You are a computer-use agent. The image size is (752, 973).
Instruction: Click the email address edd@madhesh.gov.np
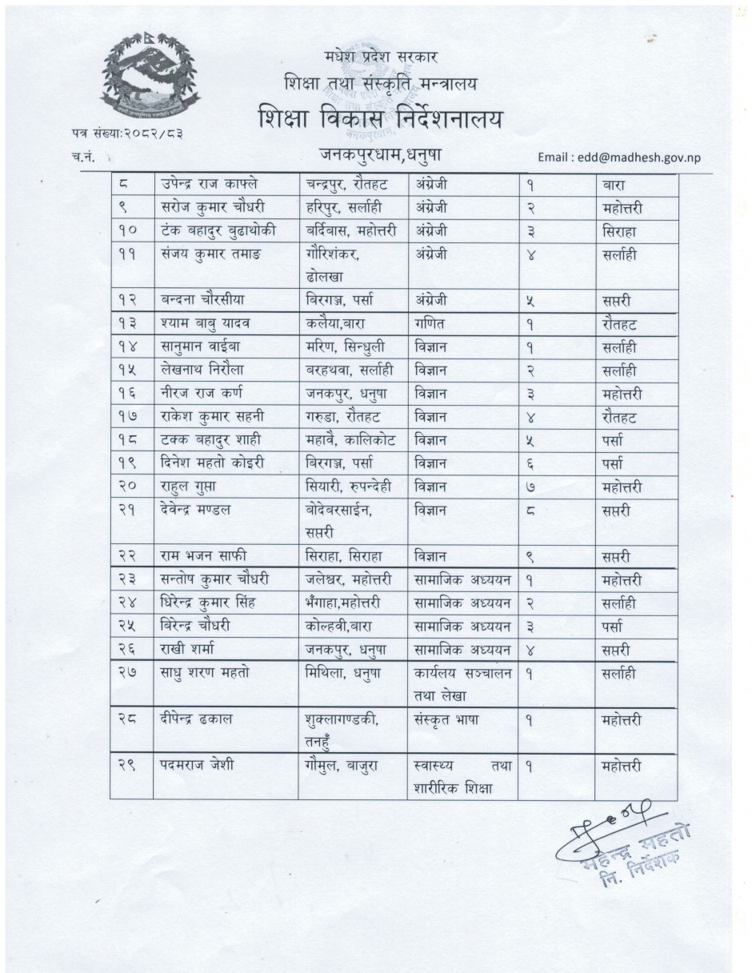click(x=619, y=157)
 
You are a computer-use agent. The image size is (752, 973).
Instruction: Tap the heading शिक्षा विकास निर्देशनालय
click(x=382, y=119)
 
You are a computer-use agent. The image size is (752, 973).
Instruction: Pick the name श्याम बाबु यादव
click(x=202, y=325)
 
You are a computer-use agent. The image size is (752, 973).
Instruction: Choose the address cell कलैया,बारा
click(x=339, y=325)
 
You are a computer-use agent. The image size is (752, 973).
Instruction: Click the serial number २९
click(x=128, y=766)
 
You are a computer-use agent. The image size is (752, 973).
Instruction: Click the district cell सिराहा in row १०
click(x=621, y=231)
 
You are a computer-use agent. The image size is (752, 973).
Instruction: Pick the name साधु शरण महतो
click(x=204, y=673)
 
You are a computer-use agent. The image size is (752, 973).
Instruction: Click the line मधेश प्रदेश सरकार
click(x=382, y=56)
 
